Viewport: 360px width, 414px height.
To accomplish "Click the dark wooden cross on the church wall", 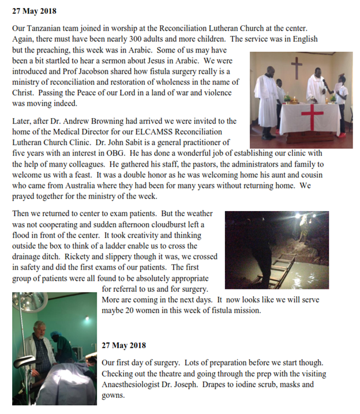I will coord(297,67).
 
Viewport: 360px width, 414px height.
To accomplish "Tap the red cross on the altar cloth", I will coord(312,116).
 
